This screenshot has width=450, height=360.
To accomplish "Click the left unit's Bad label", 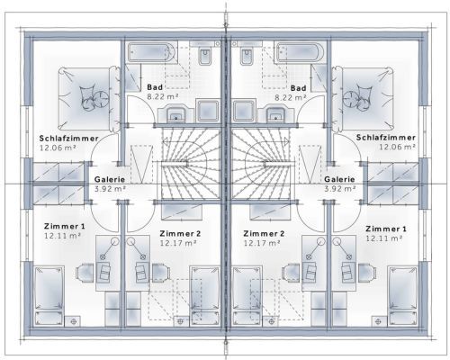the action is (x=155, y=87).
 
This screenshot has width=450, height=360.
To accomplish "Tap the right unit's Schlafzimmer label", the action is (x=386, y=138).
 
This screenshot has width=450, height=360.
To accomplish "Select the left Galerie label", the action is (x=110, y=179).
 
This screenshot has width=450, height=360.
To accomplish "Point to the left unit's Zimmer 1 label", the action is (x=65, y=226).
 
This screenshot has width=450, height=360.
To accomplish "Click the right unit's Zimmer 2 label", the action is (x=264, y=233).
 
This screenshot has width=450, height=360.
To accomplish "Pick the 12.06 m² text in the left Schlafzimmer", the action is (x=58, y=148).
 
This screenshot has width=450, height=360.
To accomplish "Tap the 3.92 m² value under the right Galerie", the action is (x=340, y=189).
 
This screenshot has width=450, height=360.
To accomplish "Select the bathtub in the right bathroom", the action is (x=300, y=52).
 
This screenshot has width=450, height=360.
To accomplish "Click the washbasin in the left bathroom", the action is (x=176, y=113).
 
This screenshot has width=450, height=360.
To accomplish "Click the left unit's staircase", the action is (x=191, y=163).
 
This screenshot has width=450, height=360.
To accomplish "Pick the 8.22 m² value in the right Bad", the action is (x=291, y=97).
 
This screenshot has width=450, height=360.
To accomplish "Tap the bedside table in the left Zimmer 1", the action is (x=73, y=321).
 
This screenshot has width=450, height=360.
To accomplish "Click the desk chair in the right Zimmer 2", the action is (x=291, y=274).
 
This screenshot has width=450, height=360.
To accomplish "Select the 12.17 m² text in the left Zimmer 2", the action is (x=178, y=243).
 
